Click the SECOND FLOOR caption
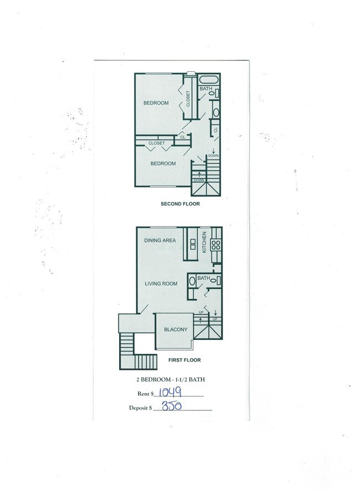180,204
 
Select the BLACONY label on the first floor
176,330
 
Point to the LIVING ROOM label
161,284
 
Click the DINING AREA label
160,240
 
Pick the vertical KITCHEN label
204,242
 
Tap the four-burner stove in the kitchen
216,244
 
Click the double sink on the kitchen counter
193,244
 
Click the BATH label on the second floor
205,89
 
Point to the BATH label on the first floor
203,278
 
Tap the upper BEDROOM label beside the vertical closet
156,103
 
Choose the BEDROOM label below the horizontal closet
163,163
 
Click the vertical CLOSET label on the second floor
188,99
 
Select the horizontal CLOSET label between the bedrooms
156,143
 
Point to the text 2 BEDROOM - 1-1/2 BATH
170,379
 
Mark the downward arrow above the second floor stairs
214,151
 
